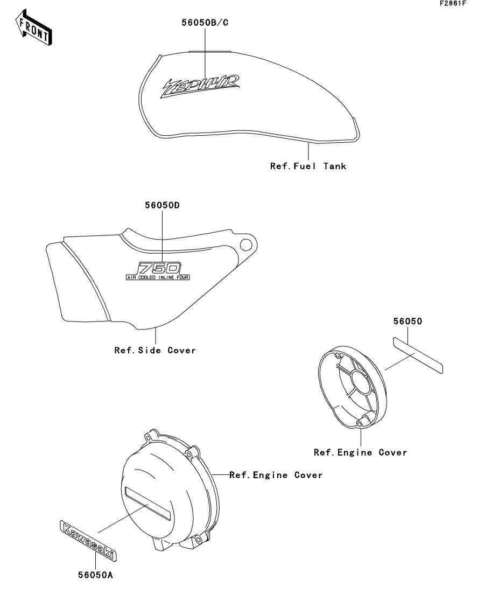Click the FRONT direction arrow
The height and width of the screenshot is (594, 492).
pyautogui.click(x=33, y=28)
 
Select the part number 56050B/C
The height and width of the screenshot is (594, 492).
pyautogui.click(x=205, y=23)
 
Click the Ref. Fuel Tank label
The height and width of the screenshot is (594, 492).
pyautogui.click(x=308, y=166)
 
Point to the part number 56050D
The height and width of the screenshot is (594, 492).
pyautogui.click(x=162, y=205)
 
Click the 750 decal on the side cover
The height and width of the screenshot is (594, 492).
pyautogui.click(x=159, y=268)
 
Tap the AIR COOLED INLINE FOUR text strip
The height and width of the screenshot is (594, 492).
pyautogui.click(x=158, y=278)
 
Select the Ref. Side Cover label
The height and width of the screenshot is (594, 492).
pyautogui.click(x=155, y=351)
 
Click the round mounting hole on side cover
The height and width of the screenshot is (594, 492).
pyautogui.click(x=246, y=245)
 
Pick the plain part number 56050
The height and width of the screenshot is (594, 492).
pyautogui.click(x=407, y=322)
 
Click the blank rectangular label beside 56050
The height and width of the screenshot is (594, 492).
pyautogui.click(x=418, y=355)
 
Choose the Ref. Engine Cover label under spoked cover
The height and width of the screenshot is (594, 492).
pyautogui.click(x=360, y=452)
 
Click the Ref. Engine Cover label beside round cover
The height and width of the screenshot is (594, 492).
pyautogui.click(x=276, y=475)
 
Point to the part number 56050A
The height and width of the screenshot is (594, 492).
pyautogui.click(x=95, y=575)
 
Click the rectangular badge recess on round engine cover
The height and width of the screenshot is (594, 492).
pyautogui.click(x=147, y=504)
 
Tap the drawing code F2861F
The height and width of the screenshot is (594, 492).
pyautogui.click(x=453, y=3)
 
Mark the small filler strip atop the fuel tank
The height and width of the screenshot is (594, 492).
pyautogui.click(x=209, y=51)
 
